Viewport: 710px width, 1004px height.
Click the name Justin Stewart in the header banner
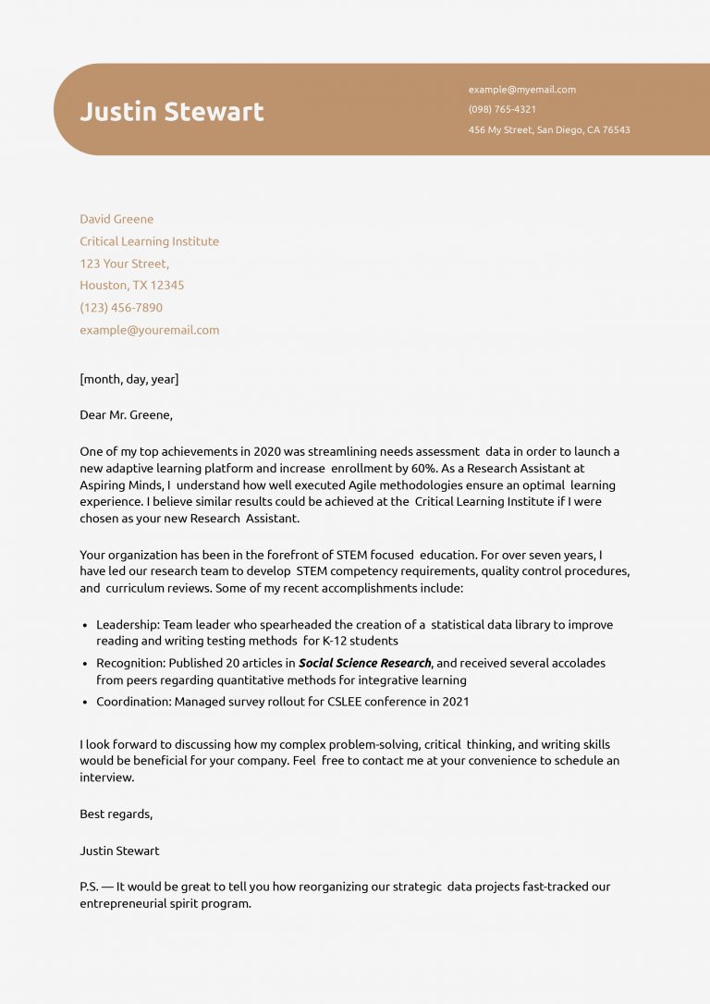coord(172,112)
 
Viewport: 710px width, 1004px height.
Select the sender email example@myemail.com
coord(521,90)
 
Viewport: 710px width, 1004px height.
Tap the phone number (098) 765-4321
coord(502,109)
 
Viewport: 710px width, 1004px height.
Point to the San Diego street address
coord(549,130)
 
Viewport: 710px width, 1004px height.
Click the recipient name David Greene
coord(116,219)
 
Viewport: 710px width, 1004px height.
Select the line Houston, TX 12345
coord(131,285)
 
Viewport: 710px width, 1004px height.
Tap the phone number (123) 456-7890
coord(121,307)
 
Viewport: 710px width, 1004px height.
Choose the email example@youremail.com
coord(149,330)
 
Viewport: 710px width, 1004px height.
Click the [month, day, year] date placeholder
coord(129,379)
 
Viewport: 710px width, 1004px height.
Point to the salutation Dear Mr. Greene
coord(126,415)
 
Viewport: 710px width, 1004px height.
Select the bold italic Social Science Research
coord(364,663)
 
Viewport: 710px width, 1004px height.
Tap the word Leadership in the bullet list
coord(127,625)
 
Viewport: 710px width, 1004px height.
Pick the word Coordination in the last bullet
coord(132,702)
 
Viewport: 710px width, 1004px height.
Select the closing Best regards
coord(116,814)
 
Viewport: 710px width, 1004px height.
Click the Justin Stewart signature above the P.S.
coord(119,851)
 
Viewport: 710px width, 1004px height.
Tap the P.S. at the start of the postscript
coord(89,887)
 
